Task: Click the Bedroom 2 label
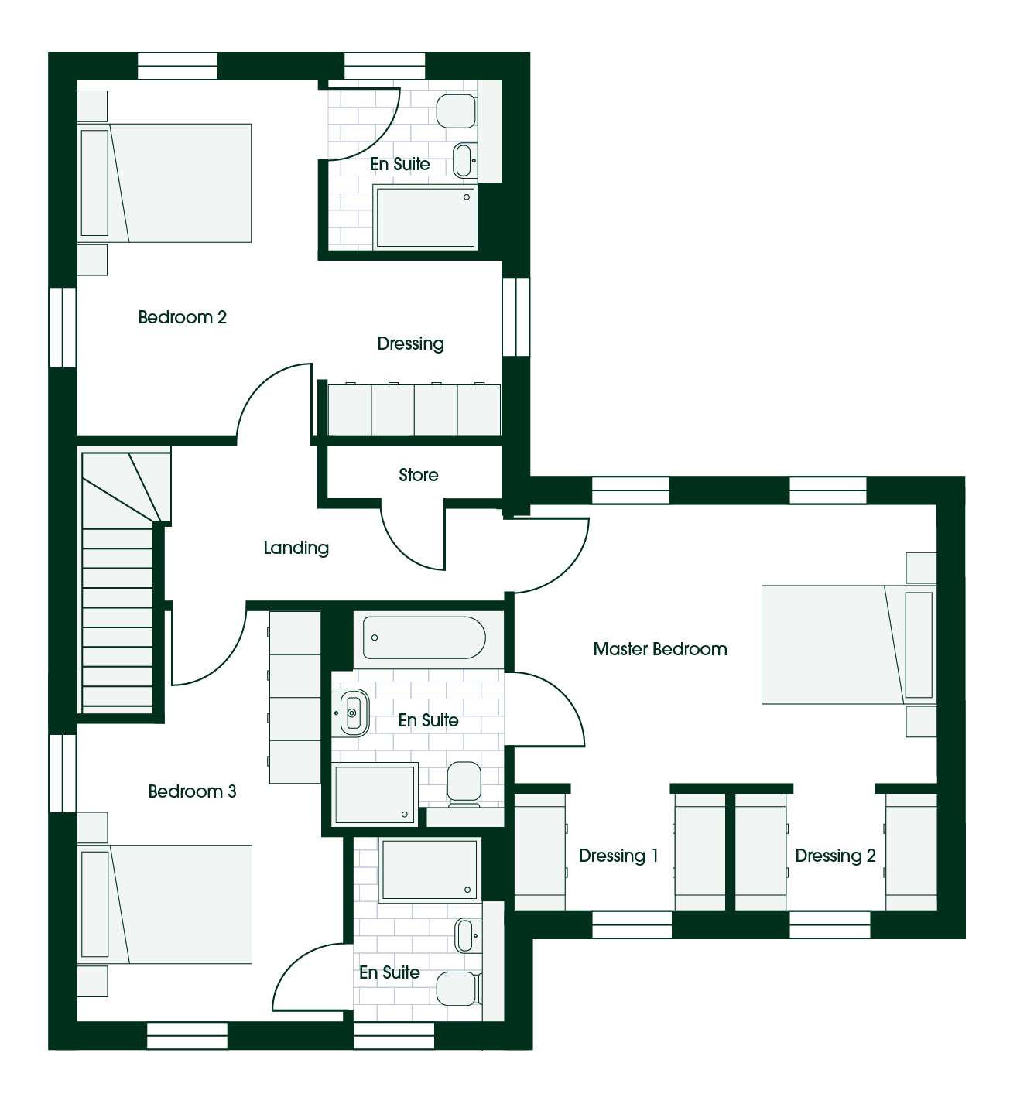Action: [x=182, y=317]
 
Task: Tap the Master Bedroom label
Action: [x=660, y=649]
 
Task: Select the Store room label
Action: [x=419, y=475]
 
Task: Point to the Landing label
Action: [x=296, y=548]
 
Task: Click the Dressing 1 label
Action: [x=618, y=856]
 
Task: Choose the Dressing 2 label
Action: [x=835, y=856]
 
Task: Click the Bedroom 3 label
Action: [x=192, y=791]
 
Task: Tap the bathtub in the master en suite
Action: [x=424, y=637]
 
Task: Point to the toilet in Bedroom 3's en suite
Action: [x=459, y=988]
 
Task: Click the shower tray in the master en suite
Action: [x=375, y=795]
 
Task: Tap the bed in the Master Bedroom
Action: [x=849, y=644]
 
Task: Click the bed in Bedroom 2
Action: [x=164, y=183]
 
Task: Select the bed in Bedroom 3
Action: [x=164, y=904]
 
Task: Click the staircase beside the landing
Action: [x=119, y=579]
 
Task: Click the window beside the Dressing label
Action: [x=516, y=316]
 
